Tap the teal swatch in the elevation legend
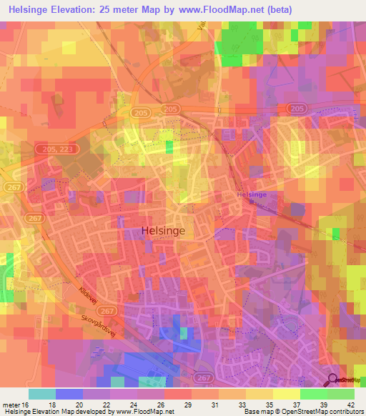[42, 394]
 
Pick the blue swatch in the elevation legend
[69, 394]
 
